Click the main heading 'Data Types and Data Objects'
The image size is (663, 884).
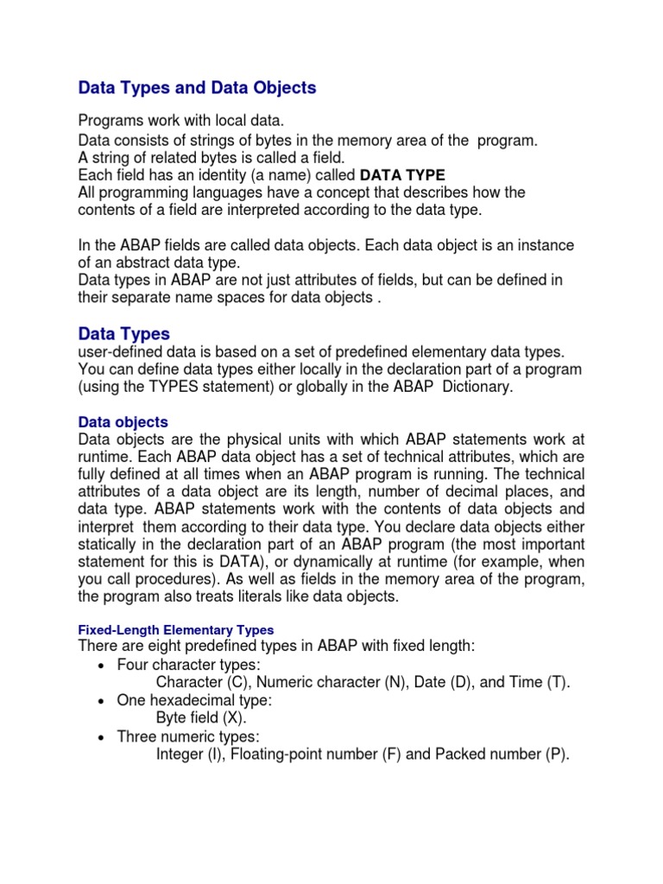(x=197, y=88)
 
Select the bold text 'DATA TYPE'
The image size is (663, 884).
(x=402, y=175)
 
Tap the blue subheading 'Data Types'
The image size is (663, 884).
(x=123, y=333)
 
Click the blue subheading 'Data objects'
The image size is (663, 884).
(x=123, y=422)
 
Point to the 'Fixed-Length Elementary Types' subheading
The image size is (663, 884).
(x=175, y=629)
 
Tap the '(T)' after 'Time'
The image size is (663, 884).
(x=557, y=683)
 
